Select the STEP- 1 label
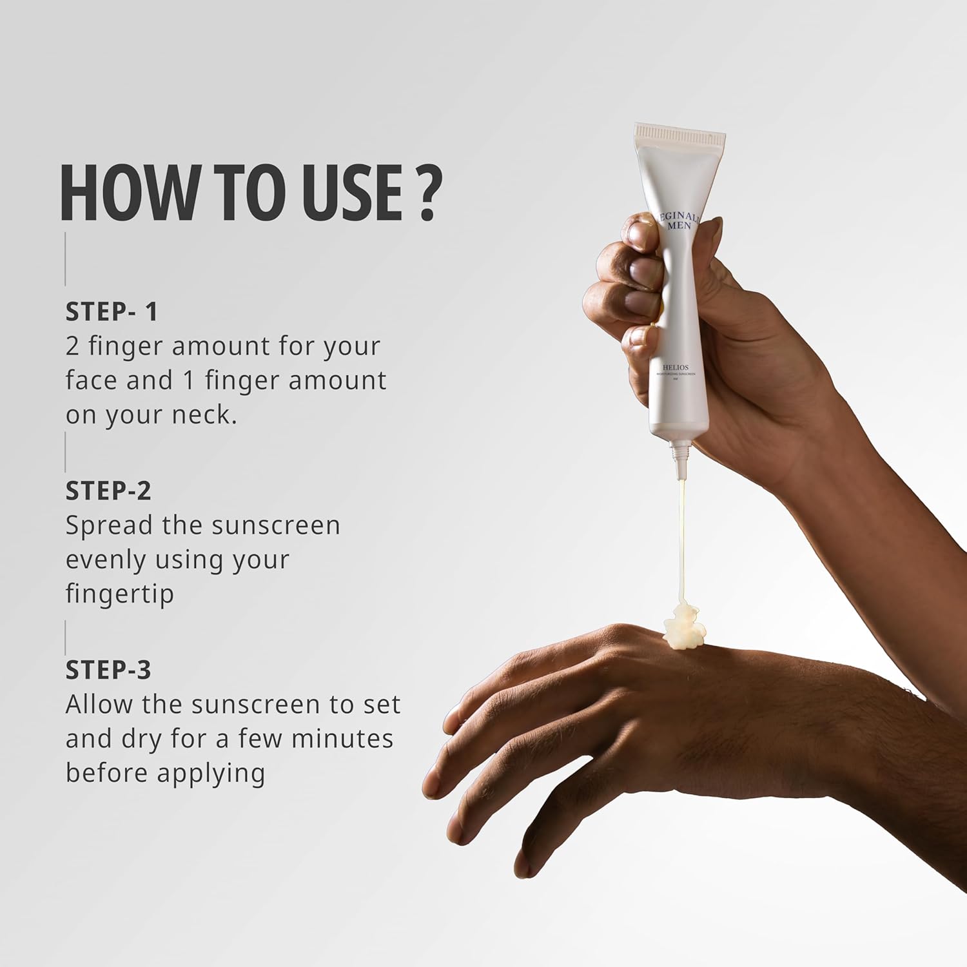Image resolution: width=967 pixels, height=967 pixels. [112, 312]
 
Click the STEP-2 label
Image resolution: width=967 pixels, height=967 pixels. [108, 491]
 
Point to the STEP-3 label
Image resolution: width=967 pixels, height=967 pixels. [108, 670]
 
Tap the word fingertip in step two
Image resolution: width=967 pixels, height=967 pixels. [120, 594]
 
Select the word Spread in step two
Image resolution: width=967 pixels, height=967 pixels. [109, 526]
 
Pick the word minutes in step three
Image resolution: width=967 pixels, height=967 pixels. [342, 739]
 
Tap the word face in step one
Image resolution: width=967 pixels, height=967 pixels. [91, 380]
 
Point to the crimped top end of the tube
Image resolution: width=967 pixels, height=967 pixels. [679, 136]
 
